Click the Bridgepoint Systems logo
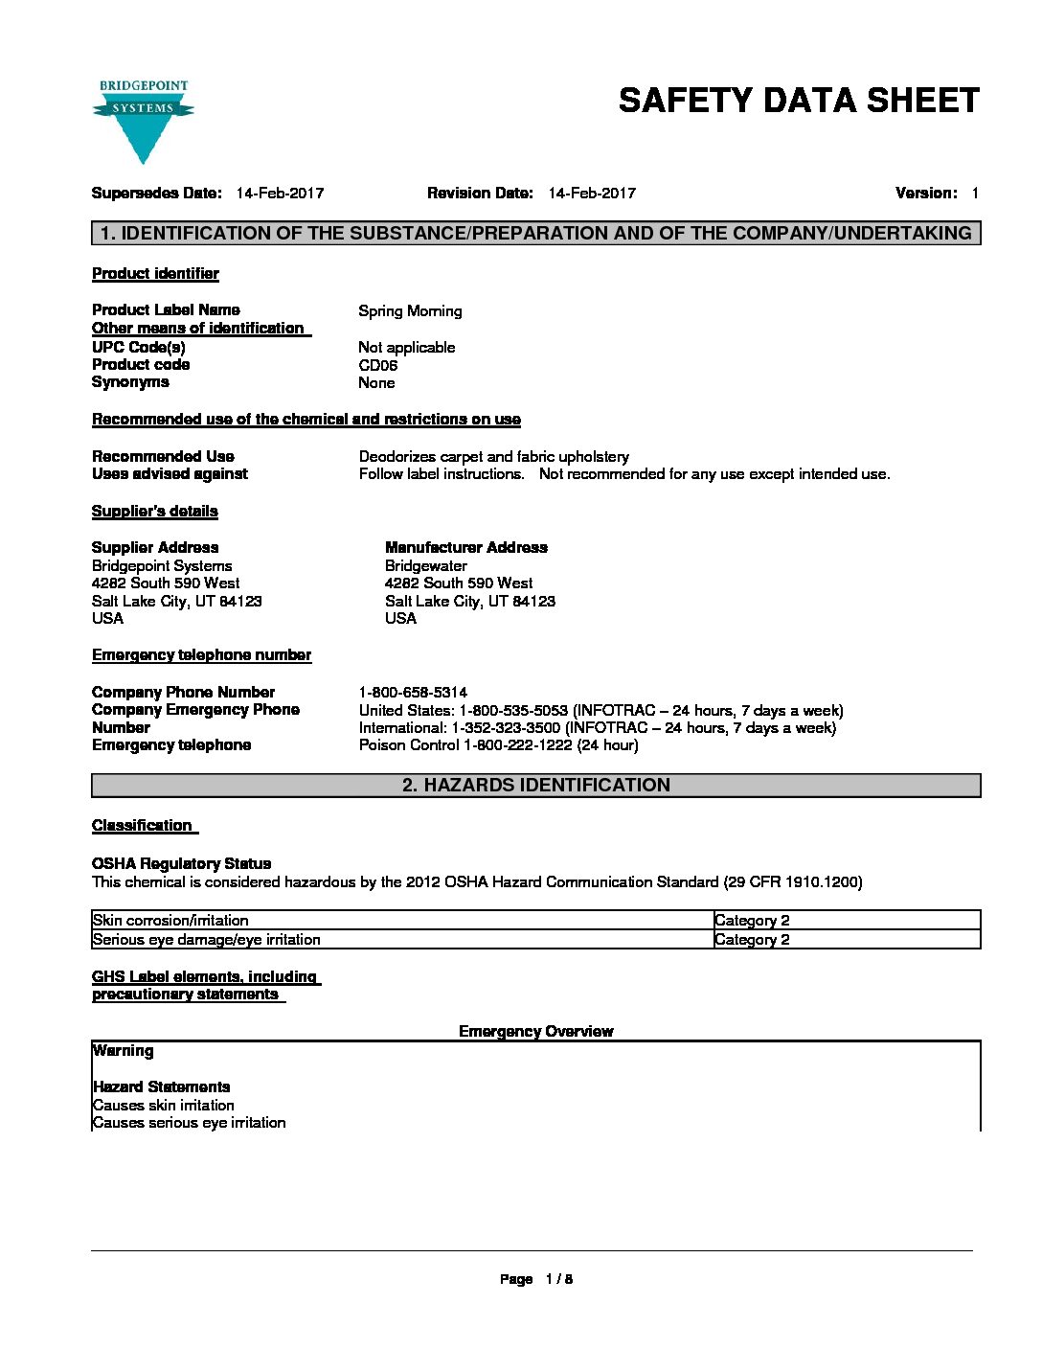143,121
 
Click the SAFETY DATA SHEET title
799,101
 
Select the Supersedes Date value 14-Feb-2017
280,194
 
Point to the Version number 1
974,194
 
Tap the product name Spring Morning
410,311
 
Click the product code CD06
377,365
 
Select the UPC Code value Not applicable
406,348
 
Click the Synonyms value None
376,383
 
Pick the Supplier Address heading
155,548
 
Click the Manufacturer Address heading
466,548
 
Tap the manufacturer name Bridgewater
426,566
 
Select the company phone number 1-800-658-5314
413,693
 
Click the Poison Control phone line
498,745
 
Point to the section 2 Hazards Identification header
535,786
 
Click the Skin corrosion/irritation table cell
170,921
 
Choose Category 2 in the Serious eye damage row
752,940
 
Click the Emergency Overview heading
535,1032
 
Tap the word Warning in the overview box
123,1051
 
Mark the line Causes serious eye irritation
189,1123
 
